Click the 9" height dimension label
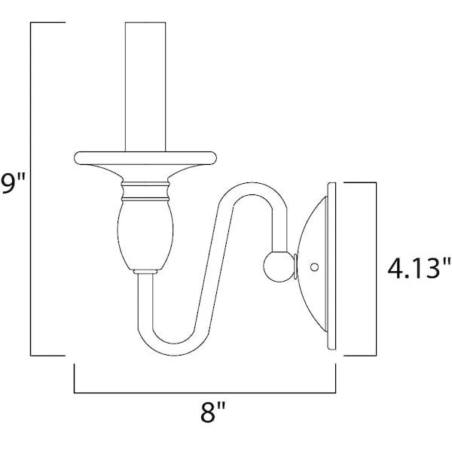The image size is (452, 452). click(13, 184)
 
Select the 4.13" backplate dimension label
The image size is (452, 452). click(419, 267)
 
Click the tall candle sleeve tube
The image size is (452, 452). click(145, 87)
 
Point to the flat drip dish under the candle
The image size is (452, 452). click(145, 158)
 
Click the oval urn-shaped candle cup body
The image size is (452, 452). click(145, 235)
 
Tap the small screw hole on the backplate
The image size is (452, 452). click(314, 267)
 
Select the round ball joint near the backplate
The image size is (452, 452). click(278, 267)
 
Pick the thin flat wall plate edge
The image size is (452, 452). click(331, 266)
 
